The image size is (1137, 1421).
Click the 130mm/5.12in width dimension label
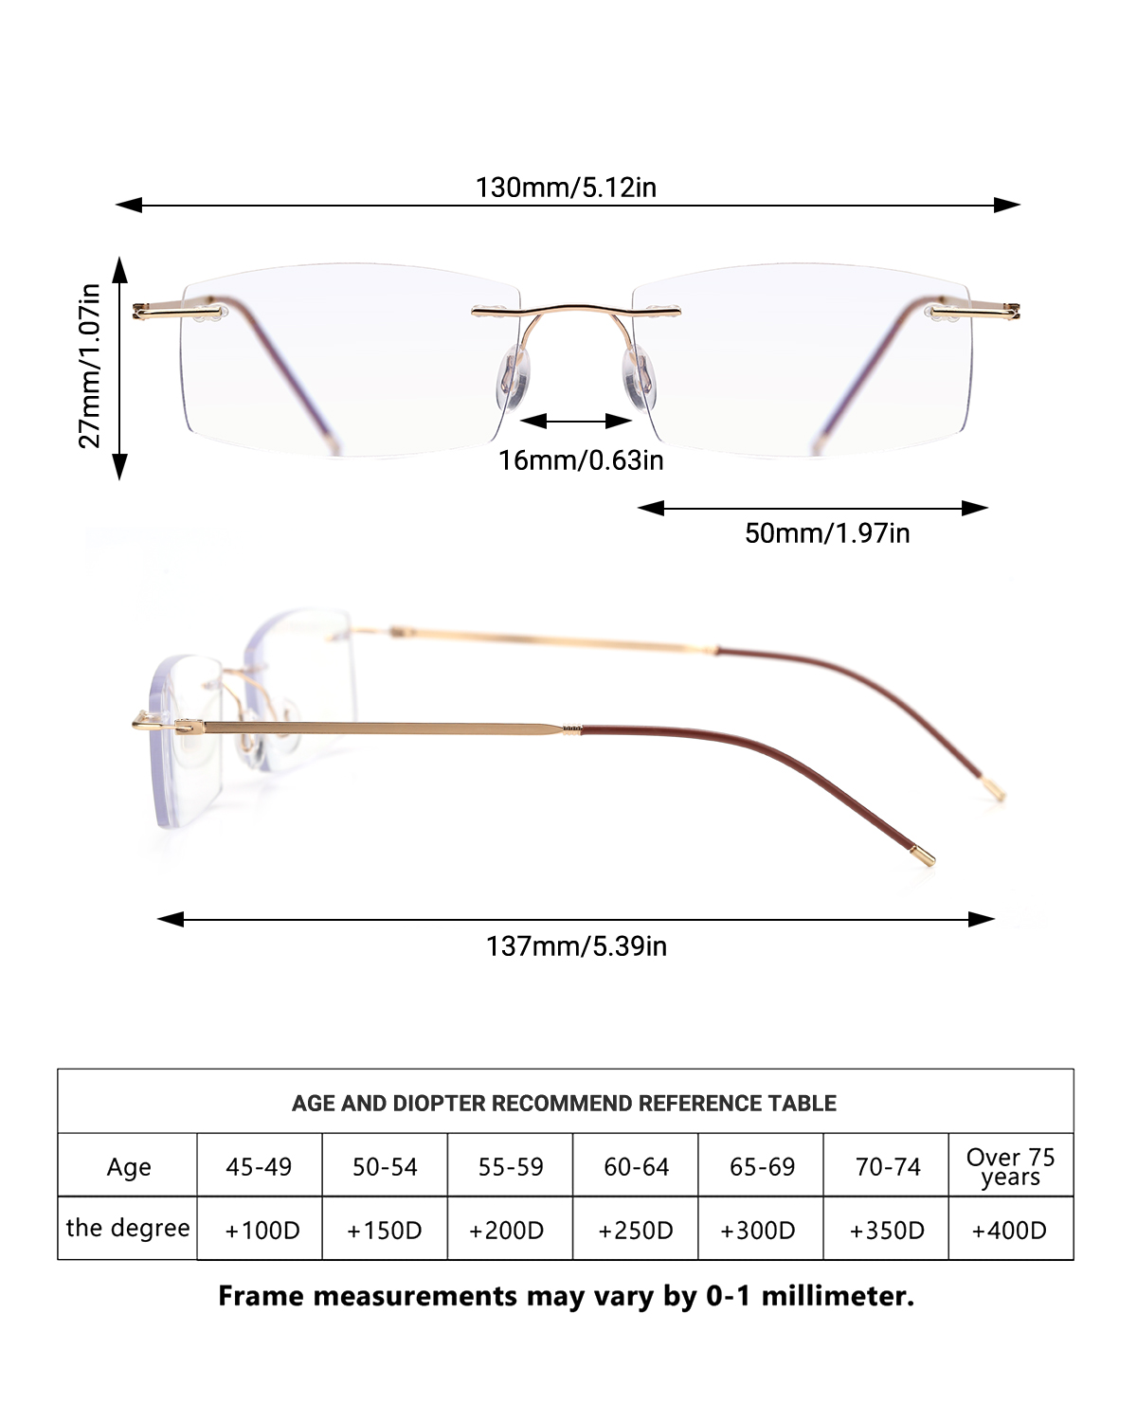click(x=566, y=188)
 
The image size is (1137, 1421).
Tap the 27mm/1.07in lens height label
click(x=90, y=366)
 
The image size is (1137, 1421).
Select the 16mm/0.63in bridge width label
click(x=581, y=460)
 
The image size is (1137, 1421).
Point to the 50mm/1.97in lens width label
click(x=826, y=533)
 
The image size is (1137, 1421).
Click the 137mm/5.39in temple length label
click(x=576, y=946)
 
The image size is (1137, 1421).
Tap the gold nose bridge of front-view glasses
click(x=575, y=310)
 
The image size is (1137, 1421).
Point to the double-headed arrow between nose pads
click(x=576, y=421)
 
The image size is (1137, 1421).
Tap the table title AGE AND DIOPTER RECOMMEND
click(x=564, y=1104)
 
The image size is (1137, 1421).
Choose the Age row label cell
click(x=128, y=1167)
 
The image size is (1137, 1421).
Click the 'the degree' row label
click(x=128, y=1229)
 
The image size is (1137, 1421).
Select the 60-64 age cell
click(x=636, y=1167)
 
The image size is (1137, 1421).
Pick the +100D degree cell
click(x=262, y=1231)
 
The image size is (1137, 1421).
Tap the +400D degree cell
click(x=1009, y=1231)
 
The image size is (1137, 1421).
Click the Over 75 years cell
click(x=1010, y=1167)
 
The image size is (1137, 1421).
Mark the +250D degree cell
click(x=636, y=1231)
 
